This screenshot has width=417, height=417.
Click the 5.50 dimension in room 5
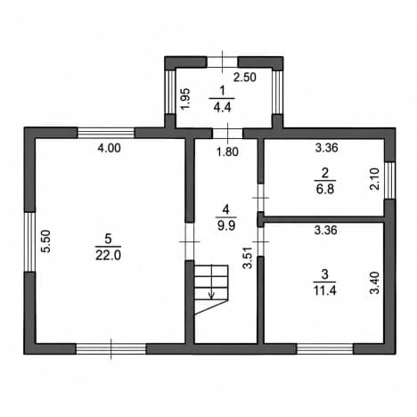pyautogui.click(x=46, y=241)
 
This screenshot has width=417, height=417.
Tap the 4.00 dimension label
pyautogui.click(x=110, y=148)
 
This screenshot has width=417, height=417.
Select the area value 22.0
pyautogui.click(x=108, y=256)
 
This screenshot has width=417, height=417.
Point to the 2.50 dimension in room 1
pyautogui.click(x=245, y=78)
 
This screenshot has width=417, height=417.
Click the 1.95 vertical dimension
pyautogui.click(x=185, y=99)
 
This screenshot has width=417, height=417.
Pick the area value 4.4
pyautogui.click(x=222, y=107)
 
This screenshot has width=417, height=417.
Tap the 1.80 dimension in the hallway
pyautogui.click(x=227, y=151)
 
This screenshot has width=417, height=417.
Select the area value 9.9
pyautogui.click(x=226, y=225)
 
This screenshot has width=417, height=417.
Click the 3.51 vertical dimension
pyautogui.click(x=247, y=258)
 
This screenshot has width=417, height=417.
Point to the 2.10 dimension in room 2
pyautogui.click(x=375, y=179)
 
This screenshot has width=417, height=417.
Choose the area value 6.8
pyautogui.click(x=325, y=189)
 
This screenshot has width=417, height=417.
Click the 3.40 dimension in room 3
pyautogui.click(x=375, y=282)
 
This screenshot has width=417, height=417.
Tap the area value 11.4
pyautogui.click(x=325, y=290)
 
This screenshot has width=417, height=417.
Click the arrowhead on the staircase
pyautogui.click(x=211, y=296)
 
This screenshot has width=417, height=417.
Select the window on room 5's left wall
pyautogui.click(x=29, y=241)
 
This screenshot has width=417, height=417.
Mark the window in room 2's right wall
pyautogui.click(x=390, y=180)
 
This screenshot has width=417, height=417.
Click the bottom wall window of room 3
pyautogui.click(x=325, y=349)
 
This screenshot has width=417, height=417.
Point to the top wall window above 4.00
pyautogui.click(x=106, y=133)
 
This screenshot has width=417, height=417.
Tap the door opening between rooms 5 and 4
pyautogui.click(x=190, y=241)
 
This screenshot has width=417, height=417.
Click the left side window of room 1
pyautogui.click(x=170, y=92)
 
